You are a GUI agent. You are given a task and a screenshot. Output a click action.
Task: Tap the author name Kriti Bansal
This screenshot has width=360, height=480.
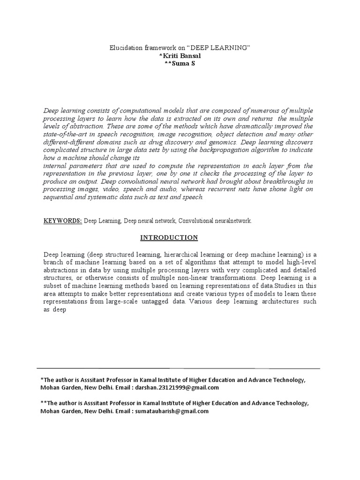coord(180,56)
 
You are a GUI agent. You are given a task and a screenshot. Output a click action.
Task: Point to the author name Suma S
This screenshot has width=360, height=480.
coord(180,63)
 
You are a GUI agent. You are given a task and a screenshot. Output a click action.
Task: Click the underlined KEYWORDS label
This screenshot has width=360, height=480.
coord(63,220)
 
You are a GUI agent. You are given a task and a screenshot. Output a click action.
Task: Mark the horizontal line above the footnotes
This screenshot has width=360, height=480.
coord(178,368)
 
